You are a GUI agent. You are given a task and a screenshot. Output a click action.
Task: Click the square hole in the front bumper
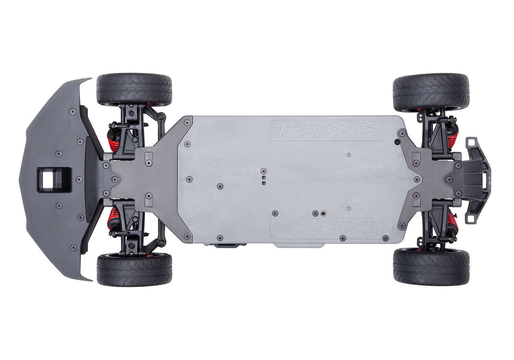click(x=54, y=180)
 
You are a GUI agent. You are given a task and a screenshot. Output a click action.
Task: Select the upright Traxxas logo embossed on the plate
click(x=326, y=130)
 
